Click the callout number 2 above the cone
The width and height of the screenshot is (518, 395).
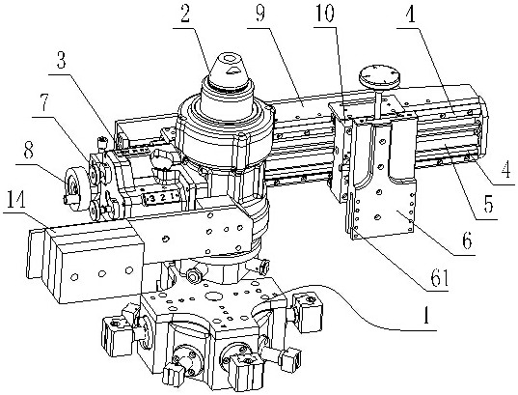click(185, 14)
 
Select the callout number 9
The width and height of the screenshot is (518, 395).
click(259, 13)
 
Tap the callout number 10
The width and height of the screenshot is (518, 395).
click(324, 13)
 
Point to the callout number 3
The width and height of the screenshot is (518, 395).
click(61, 60)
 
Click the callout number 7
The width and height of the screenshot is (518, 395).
click(44, 102)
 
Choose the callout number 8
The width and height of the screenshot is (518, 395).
click(28, 152)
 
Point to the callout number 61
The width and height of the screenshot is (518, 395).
click(438, 276)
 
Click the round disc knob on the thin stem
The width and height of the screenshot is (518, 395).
click(380, 76)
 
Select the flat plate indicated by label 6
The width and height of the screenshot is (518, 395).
click(383, 206)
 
